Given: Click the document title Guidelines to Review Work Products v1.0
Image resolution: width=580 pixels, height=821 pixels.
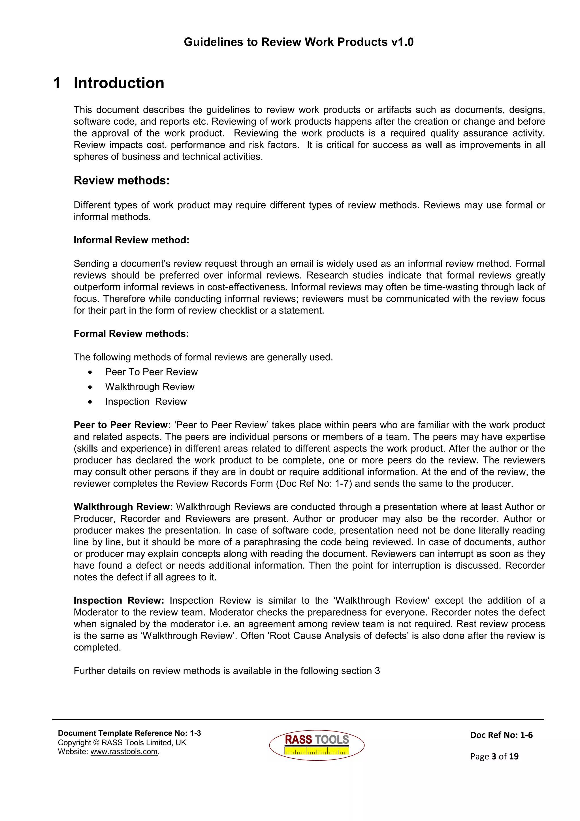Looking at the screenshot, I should pyautogui.click(x=298, y=42).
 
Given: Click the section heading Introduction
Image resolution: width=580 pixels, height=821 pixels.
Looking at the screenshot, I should pyautogui.click(x=119, y=83).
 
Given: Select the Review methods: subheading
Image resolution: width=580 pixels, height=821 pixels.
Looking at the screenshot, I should pyautogui.click(x=121, y=180).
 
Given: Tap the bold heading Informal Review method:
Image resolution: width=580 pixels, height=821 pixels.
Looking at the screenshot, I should pyautogui.click(x=131, y=240).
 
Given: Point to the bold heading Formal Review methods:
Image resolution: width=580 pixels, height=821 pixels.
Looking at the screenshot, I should pyautogui.click(x=131, y=334).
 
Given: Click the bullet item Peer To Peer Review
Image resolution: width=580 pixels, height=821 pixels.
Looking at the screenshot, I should pyautogui.click(x=151, y=372).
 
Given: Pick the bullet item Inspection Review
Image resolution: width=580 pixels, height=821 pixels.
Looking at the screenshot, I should pyautogui.click(x=146, y=401).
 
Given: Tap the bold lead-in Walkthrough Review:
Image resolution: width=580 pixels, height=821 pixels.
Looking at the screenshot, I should pyautogui.click(x=123, y=507).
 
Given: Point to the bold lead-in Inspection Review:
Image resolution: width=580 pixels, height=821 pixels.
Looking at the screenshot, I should pyautogui.click(x=119, y=600).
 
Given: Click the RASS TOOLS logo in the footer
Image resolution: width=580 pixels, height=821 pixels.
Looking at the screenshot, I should pyautogui.click(x=317, y=745).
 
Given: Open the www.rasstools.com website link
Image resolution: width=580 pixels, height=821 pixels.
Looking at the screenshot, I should pyautogui.click(x=124, y=752).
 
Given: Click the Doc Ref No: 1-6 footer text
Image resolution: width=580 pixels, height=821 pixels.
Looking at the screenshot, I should pyautogui.click(x=501, y=735).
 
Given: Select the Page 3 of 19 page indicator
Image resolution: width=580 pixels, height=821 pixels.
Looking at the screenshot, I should pyautogui.click(x=494, y=756).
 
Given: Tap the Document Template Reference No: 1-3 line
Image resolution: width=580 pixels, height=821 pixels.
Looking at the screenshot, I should pyautogui.click(x=129, y=733).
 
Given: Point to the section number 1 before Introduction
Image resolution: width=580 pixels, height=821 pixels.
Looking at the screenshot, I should pyautogui.click(x=56, y=83).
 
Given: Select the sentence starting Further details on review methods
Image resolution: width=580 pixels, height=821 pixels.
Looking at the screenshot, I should pyautogui.click(x=227, y=671).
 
